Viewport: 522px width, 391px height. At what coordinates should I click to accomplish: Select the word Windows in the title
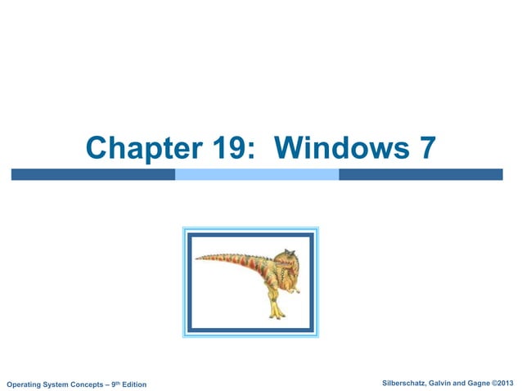(x=337, y=148)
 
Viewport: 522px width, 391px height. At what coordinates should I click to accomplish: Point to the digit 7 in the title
(x=427, y=148)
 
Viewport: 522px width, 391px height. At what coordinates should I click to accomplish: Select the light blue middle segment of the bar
(x=257, y=174)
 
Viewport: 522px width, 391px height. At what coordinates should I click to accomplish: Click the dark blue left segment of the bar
(x=92, y=174)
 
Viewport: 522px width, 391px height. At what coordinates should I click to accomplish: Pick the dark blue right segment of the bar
(x=421, y=174)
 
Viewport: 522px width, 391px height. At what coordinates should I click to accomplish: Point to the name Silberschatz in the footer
(x=406, y=383)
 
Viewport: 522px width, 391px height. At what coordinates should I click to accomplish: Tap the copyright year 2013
(x=508, y=383)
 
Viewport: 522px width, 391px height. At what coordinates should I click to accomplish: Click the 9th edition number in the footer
(x=110, y=383)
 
